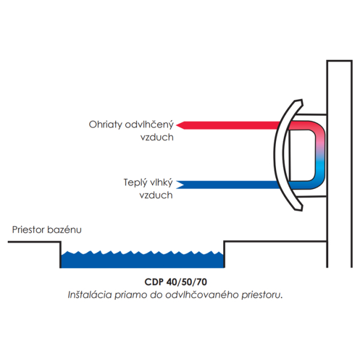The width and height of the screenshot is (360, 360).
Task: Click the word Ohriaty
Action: click(106, 125)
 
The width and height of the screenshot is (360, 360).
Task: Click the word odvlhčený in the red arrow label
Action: click(149, 125)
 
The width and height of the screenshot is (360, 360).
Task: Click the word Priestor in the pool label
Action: click(28, 230)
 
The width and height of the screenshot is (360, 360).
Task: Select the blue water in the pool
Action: click(142, 259)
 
